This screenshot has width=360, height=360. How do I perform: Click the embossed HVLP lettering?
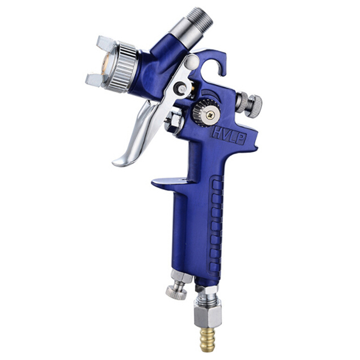coord(229,135)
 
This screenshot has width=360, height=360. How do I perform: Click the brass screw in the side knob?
coord(210,115)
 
